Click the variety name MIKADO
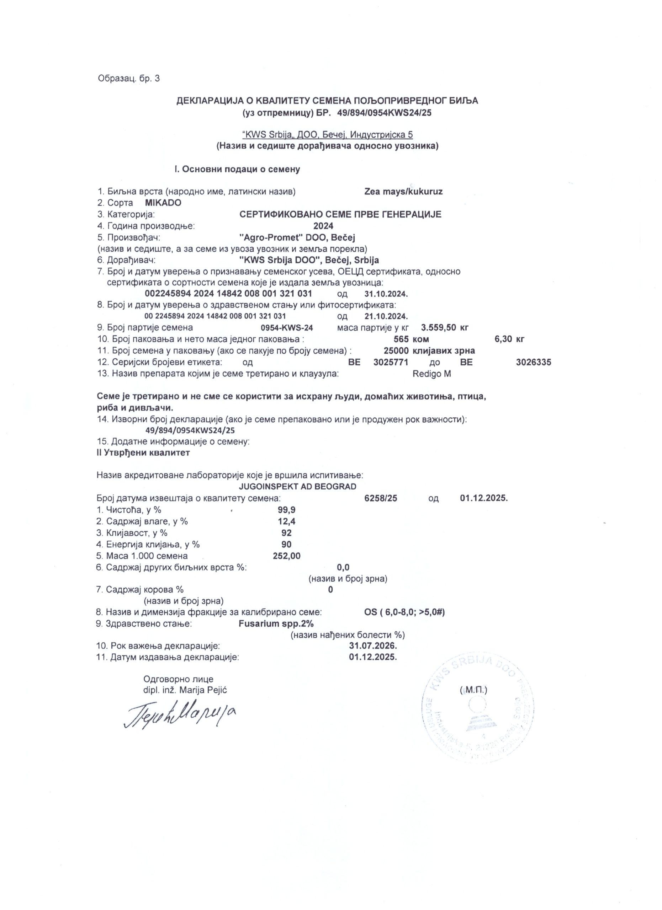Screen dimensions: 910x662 163,203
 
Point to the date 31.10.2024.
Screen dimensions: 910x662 386,294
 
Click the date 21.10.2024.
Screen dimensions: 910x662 386,316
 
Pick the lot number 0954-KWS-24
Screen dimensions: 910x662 287,327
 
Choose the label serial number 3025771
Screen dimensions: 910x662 391,362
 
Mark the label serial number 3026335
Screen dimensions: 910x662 533,362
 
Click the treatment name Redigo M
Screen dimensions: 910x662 431,374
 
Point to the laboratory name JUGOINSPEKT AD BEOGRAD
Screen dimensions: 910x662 297,487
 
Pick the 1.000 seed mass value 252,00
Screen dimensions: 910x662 287,556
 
